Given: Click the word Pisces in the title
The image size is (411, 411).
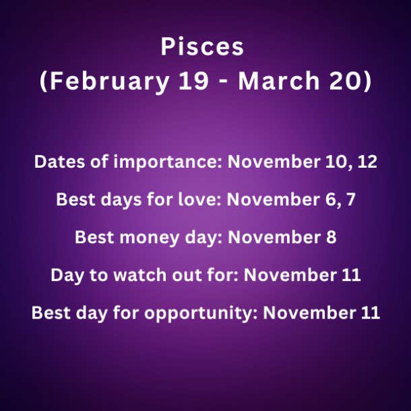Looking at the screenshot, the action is pos(202,46).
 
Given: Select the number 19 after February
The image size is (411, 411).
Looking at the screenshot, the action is pos(193,81).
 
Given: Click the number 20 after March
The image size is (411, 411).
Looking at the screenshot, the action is pos(346,81).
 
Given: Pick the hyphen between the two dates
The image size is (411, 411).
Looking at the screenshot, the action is pos(223,83).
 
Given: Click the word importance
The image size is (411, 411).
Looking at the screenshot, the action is pos(168,162).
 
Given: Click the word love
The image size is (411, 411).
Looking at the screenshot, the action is pos(200,199).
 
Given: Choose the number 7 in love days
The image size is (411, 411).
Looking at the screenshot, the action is pos(350,199).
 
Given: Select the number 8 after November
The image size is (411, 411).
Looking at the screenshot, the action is pos(331,237).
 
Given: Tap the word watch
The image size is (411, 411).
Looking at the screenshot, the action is pos(140,275).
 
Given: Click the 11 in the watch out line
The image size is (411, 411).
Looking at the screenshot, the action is pos(351,275).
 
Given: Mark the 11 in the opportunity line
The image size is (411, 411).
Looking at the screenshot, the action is pos(371,313).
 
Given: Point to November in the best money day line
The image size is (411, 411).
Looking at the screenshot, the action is pos(274,237).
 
